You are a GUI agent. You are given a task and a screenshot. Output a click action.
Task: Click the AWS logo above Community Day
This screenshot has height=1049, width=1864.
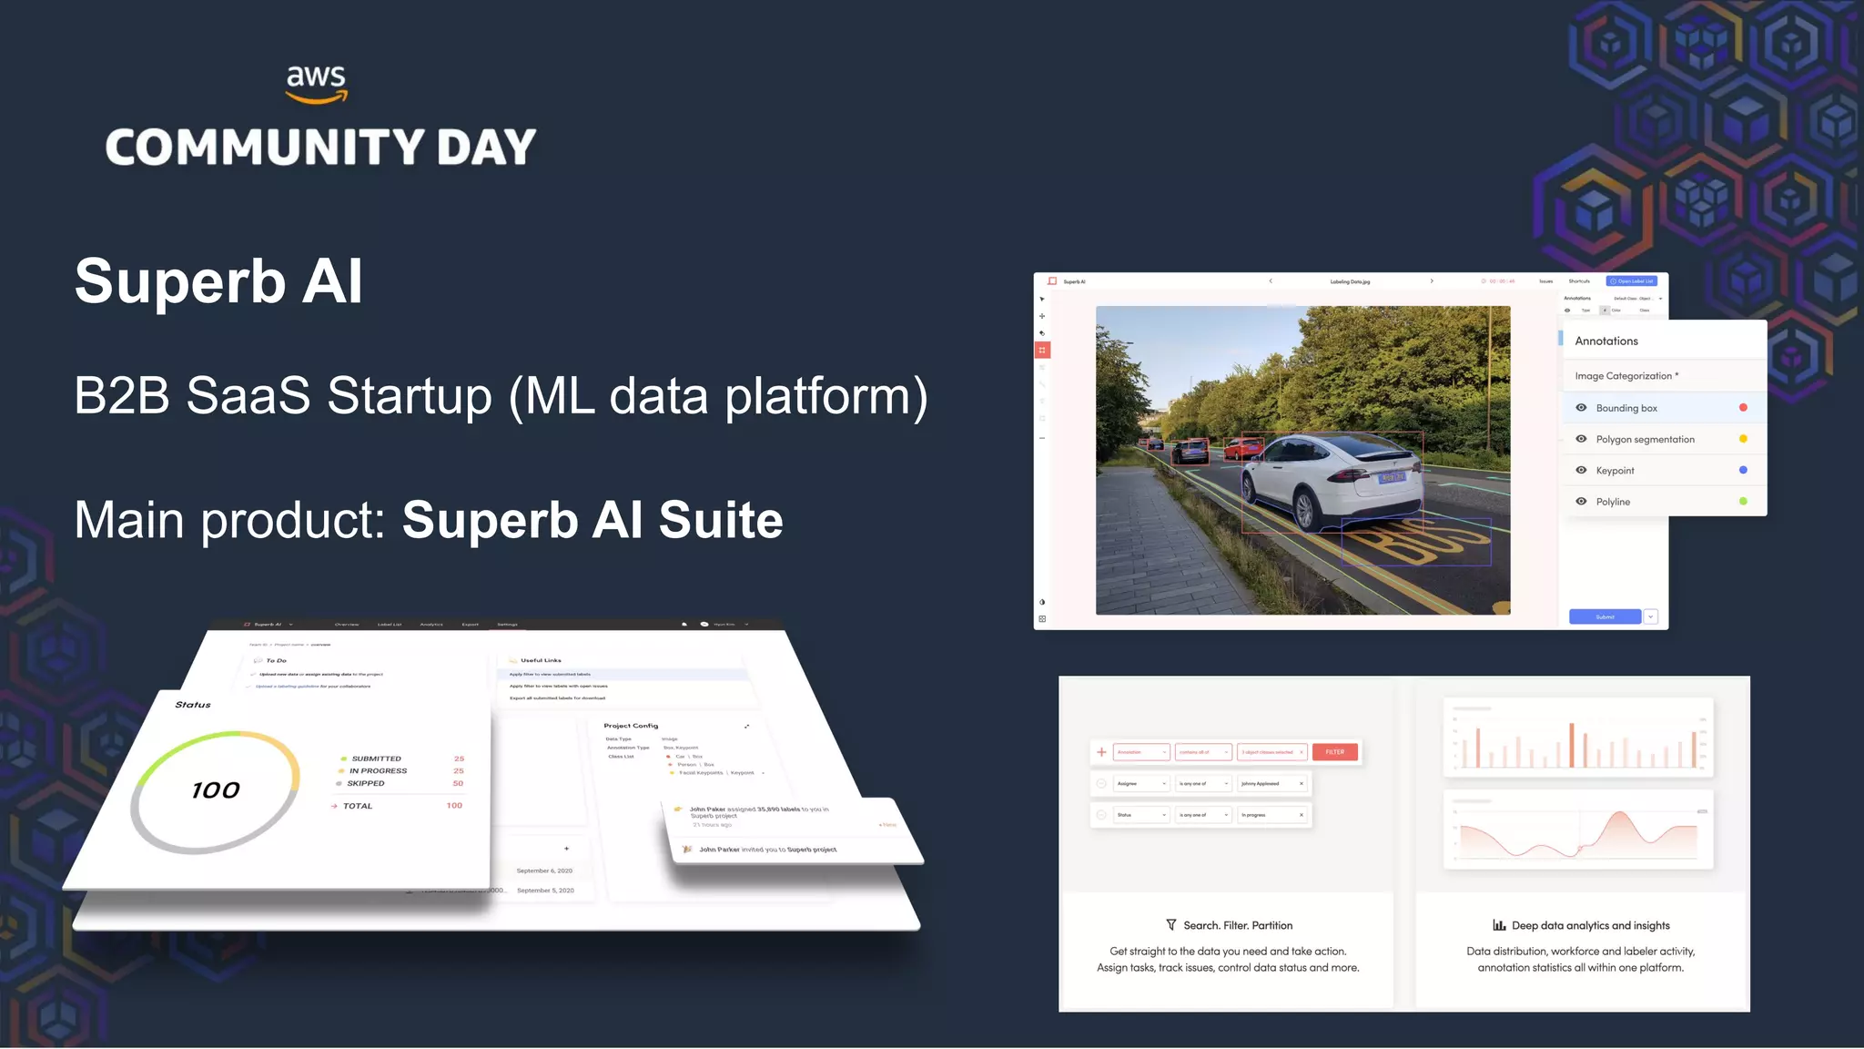click(x=316, y=84)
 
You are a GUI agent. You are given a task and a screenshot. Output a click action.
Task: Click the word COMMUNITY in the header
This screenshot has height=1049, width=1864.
click(x=265, y=148)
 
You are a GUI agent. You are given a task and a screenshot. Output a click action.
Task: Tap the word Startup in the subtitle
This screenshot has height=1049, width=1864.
click(x=410, y=396)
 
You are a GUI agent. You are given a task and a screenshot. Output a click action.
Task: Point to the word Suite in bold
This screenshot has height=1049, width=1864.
click(x=721, y=520)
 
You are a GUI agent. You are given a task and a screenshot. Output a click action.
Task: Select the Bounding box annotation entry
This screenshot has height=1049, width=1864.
click(x=1626, y=408)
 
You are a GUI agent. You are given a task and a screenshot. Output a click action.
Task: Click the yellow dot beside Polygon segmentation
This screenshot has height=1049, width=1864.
click(x=1743, y=439)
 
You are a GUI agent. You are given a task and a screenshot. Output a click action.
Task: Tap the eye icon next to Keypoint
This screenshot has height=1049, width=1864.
click(x=1581, y=470)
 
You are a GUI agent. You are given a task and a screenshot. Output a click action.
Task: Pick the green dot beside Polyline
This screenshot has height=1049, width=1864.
click(x=1743, y=501)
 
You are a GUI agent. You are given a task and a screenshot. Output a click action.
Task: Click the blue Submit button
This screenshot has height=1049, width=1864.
click(x=1605, y=616)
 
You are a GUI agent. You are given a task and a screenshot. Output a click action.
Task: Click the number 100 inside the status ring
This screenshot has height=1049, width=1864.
click(x=216, y=790)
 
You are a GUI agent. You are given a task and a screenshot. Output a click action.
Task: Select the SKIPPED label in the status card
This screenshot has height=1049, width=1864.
click(x=366, y=783)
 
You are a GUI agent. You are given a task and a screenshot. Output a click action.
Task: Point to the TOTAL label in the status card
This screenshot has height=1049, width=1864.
click(x=358, y=806)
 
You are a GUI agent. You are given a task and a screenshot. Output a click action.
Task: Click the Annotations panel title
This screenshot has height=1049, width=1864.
click(x=1606, y=341)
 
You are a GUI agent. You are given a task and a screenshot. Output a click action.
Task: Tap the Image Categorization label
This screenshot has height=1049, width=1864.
click(x=1624, y=375)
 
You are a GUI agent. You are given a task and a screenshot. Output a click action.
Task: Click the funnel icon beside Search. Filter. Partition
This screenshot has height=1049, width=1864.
click(x=1171, y=925)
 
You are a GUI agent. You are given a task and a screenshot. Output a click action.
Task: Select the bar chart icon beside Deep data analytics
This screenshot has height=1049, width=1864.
click(x=1499, y=925)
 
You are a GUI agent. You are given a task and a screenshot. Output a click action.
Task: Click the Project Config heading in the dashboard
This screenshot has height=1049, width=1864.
click(x=631, y=726)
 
